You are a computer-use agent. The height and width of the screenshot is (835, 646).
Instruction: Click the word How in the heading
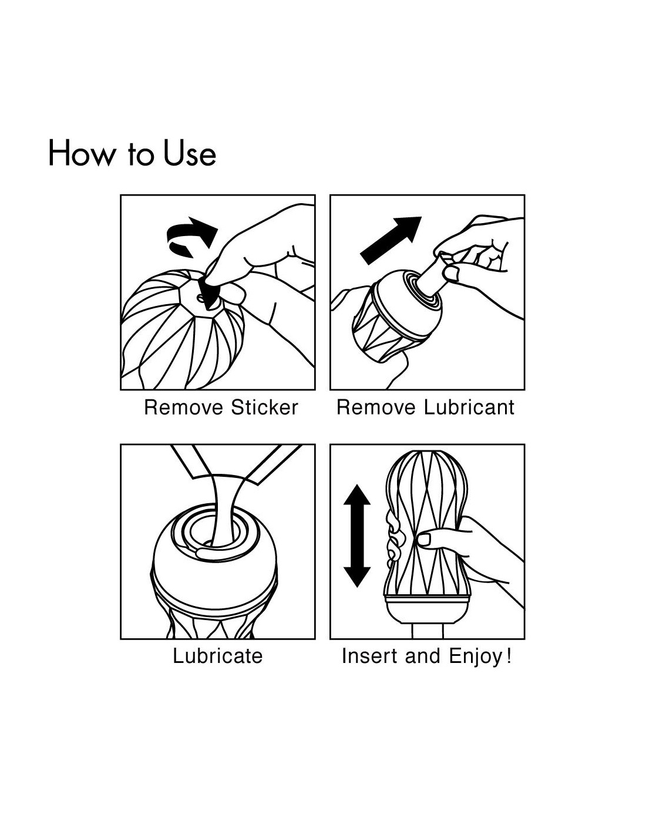[81, 153]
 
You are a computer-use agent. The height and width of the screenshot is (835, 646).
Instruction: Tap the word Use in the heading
[189, 153]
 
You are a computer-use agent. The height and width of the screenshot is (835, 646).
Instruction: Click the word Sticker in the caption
[264, 408]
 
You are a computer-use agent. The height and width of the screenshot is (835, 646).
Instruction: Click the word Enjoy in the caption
[475, 657]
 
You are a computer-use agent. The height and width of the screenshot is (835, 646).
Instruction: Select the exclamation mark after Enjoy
[509, 655]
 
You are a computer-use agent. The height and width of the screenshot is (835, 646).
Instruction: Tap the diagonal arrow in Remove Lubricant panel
[390, 240]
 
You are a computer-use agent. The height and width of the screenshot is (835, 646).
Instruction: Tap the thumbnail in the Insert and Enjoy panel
[423, 539]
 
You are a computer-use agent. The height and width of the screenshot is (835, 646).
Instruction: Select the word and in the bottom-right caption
[422, 656]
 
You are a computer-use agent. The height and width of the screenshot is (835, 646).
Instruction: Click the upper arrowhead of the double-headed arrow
[357, 495]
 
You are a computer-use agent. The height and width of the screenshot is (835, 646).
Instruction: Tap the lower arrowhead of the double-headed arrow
[357, 577]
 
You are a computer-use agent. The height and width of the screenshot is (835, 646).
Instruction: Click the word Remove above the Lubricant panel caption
[376, 408]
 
